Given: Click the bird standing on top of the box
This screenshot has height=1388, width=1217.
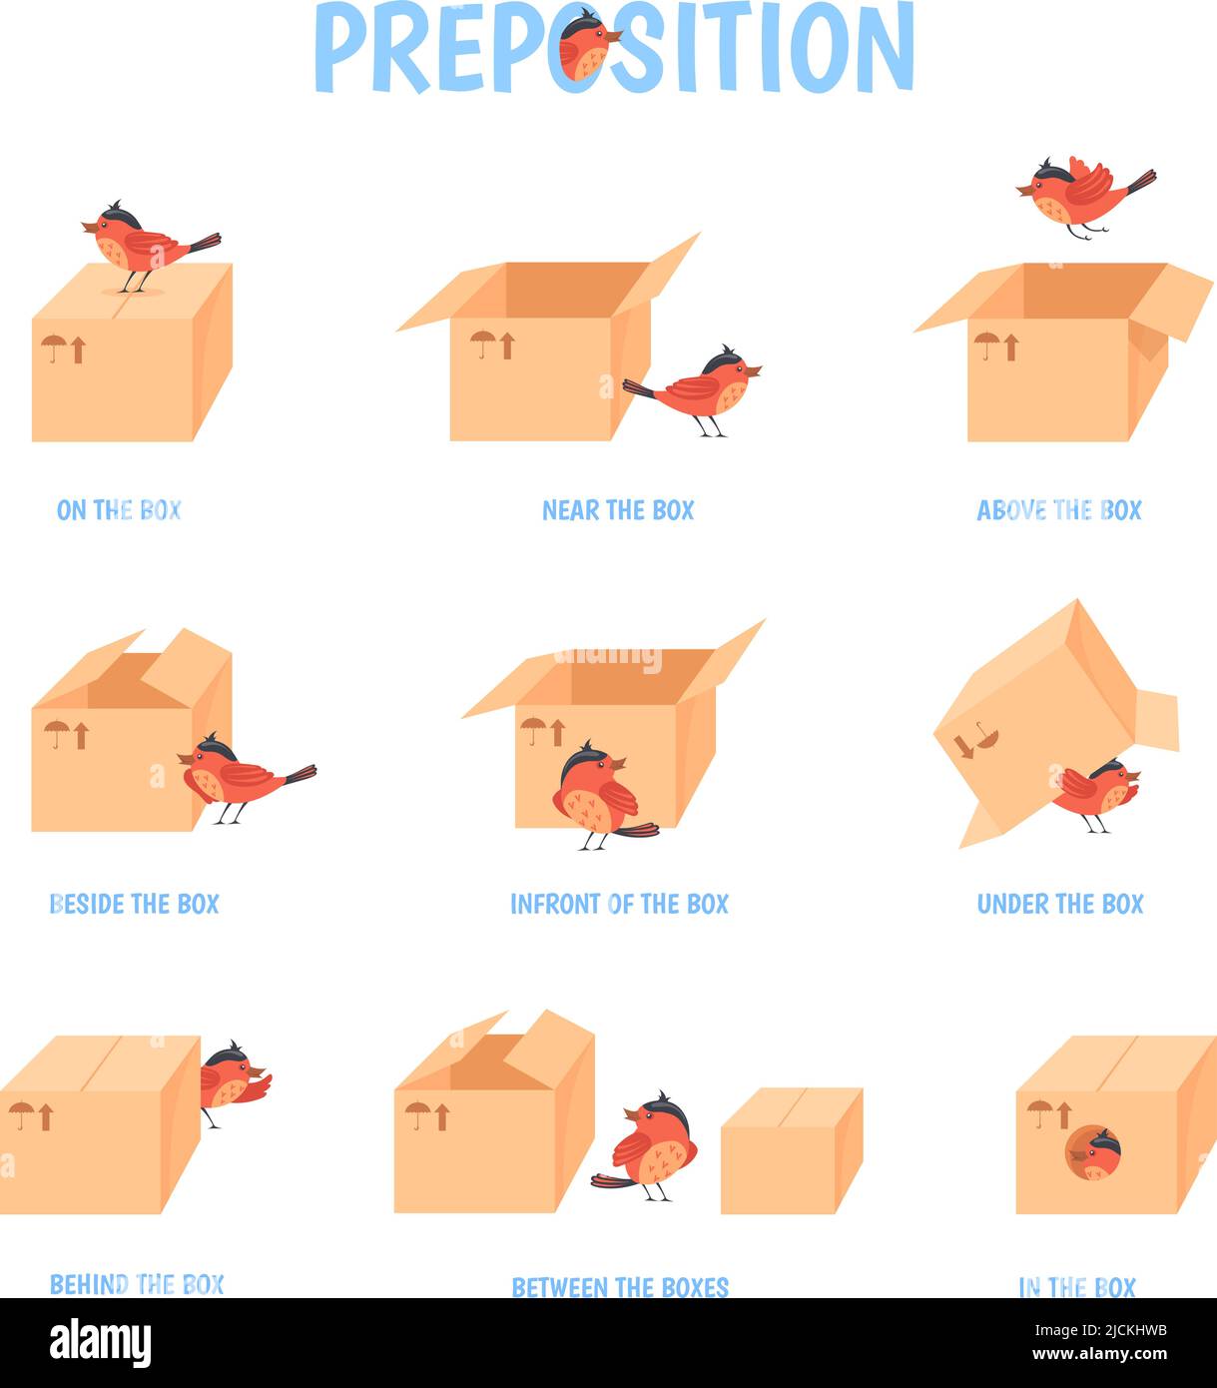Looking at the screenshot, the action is coord(147,246).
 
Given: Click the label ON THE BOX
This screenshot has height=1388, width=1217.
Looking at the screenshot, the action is coord(119,510).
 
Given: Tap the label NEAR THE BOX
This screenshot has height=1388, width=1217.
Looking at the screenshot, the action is coord(618,510).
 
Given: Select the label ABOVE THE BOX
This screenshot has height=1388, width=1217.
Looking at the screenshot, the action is coord(1059,510).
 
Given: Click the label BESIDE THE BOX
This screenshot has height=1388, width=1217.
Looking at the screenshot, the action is coord(134,905).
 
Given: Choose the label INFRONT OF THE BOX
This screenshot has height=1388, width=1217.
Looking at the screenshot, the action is coord(619,905).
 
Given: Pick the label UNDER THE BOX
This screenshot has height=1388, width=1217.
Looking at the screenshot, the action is coord(1060,905).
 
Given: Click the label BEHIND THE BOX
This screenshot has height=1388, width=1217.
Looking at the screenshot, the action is coord(137,1284).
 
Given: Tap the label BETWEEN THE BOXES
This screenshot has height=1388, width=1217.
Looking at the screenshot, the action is coord(620,1287).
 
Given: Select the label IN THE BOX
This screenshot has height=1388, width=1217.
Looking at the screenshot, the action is coord(1077,1287).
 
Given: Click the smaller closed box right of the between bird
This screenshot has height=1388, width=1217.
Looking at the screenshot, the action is coord(792,1150).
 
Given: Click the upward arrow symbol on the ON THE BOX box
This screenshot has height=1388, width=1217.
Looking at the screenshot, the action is coord(78,349).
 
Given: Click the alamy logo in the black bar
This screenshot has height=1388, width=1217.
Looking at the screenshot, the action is coord(100,1343).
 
